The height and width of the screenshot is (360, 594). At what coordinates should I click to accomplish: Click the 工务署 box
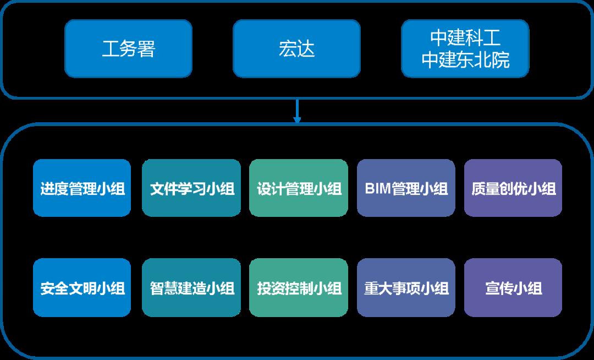tap(128, 49)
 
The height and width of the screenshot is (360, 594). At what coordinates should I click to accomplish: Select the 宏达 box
tap(296, 49)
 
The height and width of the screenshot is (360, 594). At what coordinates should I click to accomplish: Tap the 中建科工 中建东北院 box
tap(465, 49)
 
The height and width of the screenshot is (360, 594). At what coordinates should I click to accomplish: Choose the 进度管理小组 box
tap(82, 188)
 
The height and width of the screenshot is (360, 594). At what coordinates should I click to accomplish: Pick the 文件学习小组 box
tap(191, 188)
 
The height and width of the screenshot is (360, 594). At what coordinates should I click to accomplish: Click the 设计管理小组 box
tap(299, 188)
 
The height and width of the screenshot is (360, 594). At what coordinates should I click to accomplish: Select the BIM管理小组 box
tap(406, 188)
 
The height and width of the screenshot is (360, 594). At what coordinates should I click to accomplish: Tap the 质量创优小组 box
tap(513, 188)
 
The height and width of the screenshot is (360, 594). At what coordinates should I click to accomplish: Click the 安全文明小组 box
tap(82, 288)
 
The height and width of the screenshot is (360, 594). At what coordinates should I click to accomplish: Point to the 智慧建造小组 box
tap(191, 288)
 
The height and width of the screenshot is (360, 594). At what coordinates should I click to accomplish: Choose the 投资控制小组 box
tap(299, 288)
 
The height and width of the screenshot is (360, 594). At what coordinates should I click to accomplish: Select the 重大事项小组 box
tap(406, 288)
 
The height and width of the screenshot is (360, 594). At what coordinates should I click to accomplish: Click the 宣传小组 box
tap(513, 288)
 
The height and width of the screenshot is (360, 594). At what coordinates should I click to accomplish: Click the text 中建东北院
tap(465, 60)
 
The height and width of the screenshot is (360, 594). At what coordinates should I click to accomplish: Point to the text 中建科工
tap(465, 39)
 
